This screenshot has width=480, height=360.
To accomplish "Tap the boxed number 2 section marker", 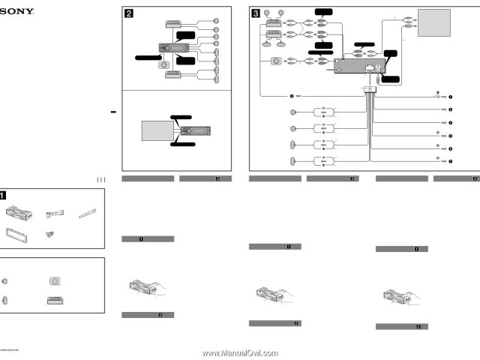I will pyautogui.click(x=128, y=12).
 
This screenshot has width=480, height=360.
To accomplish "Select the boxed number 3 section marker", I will pyautogui.click(x=256, y=12).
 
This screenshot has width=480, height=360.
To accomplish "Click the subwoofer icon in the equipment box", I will pyautogui.click(x=54, y=282).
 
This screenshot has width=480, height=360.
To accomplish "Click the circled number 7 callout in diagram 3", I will pyautogui.click(x=451, y=162).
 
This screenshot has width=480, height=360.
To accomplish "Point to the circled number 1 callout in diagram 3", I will pyautogui.click(x=451, y=97).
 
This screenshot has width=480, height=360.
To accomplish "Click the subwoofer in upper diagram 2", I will pyautogui.click(x=163, y=64).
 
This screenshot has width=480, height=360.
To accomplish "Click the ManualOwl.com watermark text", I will pyautogui.click(x=239, y=352).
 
